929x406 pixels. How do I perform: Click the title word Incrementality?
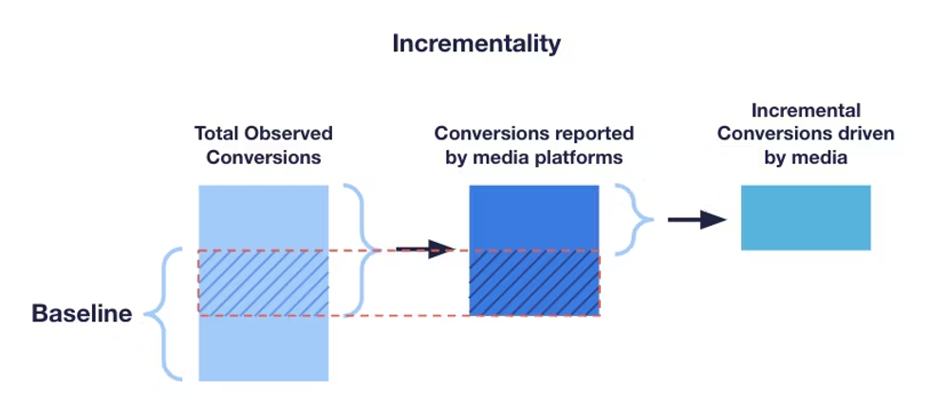(476, 44)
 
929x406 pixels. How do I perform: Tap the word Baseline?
(82, 314)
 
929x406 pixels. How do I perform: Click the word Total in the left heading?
(218, 134)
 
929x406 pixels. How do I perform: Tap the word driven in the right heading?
(864, 134)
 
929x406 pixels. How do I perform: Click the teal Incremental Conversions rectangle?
(805, 217)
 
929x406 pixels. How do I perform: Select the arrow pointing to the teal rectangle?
(697, 220)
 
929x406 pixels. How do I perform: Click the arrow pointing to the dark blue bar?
(425, 249)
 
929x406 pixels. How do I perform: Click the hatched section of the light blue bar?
(263, 282)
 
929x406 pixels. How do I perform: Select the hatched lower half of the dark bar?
(534, 282)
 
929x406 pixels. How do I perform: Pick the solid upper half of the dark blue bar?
(534, 217)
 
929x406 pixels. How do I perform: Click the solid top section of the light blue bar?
(263, 216)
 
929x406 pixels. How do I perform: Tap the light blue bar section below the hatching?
(263, 347)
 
